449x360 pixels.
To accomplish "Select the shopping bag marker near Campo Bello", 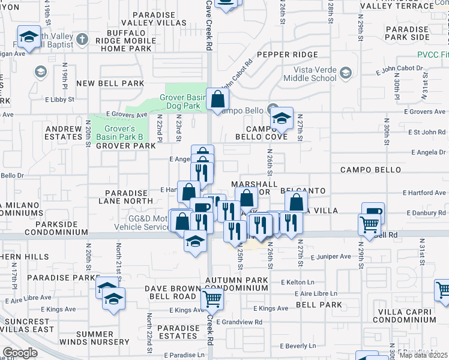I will pyautogui.click(x=217, y=99).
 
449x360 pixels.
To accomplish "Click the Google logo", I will pyautogui.click(x=20, y=352).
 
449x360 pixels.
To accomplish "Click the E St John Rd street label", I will pyautogui.click(x=426, y=132).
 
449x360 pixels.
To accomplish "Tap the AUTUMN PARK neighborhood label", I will pyautogui.click(x=236, y=280).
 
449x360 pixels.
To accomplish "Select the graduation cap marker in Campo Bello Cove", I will pyautogui.click(x=280, y=118).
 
